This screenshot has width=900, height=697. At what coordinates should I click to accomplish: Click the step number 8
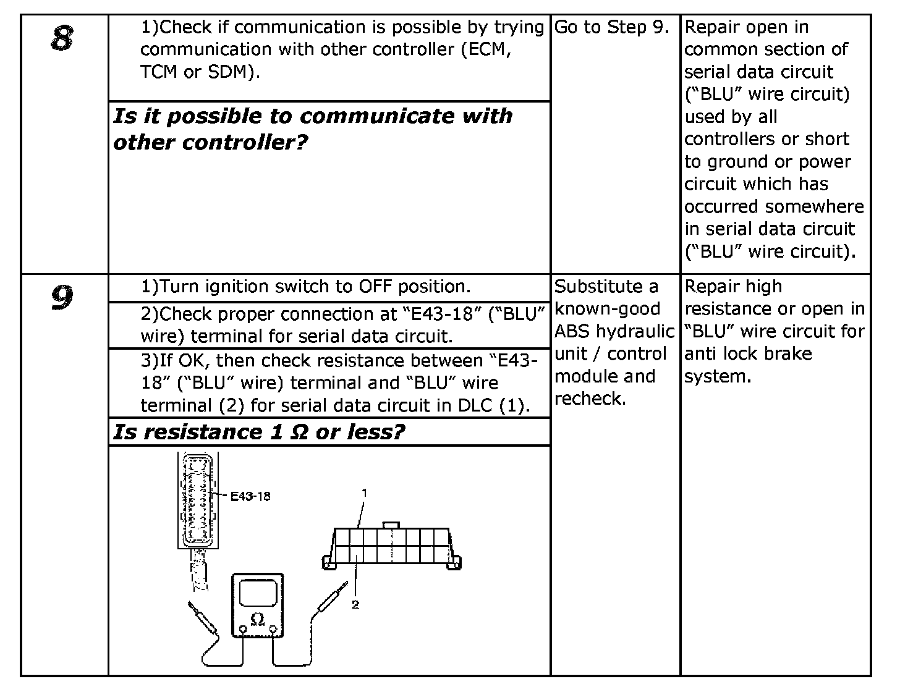click(x=62, y=39)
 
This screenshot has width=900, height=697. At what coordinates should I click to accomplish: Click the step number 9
click(x=62, y=298)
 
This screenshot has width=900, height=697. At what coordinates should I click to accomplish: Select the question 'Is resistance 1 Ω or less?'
click(x=258, y=432)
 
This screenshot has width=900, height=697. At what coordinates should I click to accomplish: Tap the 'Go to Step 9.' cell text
click(x=612, y=27)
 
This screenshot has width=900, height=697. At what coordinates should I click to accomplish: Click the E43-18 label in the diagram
click(x=250, y=496)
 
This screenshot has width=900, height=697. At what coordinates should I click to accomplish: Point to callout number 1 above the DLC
click(x=365, y=492)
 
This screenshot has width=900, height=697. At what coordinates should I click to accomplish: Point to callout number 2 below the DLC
click(x=355, y=604)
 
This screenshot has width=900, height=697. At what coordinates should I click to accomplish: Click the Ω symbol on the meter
click(x=258, y=618)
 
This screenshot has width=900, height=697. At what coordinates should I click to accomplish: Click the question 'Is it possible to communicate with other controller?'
click(x=313, y=129)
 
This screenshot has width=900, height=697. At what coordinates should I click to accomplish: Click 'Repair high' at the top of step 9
click(x=733, y=287)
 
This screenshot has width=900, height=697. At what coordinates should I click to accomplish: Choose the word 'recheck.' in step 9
click(x=590, y=399)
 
